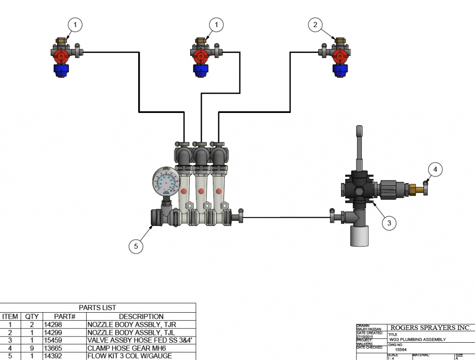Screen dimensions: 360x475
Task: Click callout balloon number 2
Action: (315, 24)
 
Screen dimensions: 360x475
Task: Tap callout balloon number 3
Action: (389, 223)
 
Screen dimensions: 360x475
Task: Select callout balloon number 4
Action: (435, 169)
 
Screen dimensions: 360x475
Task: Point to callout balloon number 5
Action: (136, 246)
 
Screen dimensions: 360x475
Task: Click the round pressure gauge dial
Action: (165, 182)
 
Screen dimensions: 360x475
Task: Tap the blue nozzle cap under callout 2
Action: (340, 70)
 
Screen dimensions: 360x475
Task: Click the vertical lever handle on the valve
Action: (359, 145)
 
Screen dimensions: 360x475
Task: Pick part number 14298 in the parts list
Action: (53, 324)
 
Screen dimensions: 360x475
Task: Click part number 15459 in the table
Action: (53, 340)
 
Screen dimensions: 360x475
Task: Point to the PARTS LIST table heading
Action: (97, 307)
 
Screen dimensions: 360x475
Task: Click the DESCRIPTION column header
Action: (141, 316)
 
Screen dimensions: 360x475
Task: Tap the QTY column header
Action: (32, 316)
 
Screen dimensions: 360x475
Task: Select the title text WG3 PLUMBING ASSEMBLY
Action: (417, 339)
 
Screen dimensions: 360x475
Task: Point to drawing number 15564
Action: (401, 350)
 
